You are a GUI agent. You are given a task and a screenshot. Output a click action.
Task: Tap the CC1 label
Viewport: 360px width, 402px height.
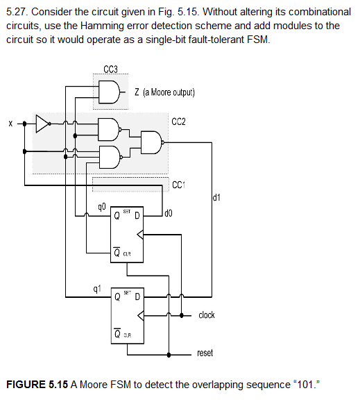180,184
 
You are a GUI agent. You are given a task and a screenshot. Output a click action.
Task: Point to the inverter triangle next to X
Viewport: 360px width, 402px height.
43,124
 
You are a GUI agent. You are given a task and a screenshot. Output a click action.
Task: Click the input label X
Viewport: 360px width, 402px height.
10,124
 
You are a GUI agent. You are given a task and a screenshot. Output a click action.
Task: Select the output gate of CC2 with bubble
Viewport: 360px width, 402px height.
151,142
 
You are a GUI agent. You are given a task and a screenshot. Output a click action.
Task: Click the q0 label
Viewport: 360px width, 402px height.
102,206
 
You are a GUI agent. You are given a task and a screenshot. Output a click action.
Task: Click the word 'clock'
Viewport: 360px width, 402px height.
206,315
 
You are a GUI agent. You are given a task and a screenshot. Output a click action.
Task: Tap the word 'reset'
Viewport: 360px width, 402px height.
205,353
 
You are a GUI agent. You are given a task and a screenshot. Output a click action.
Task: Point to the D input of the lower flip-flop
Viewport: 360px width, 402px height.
136,296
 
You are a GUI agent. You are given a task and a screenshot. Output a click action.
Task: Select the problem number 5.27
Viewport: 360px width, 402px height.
16,12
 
